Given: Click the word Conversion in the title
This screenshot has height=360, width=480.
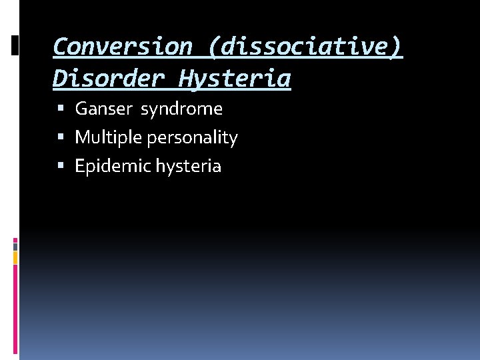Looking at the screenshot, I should [122, 47].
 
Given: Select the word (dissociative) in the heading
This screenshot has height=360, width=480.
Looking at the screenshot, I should [305, 47].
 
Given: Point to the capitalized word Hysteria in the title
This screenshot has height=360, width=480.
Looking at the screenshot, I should [234, 79].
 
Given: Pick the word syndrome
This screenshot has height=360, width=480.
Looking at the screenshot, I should [181, 109].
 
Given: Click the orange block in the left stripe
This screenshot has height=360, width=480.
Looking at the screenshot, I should [15, 257].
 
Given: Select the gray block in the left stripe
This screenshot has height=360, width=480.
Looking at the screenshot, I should [15, 246].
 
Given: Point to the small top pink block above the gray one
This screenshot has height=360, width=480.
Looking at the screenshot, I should [15, 239].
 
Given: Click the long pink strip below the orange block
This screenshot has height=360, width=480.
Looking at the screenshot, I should [15, 307].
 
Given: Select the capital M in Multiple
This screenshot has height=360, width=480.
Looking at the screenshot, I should [81, 137].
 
